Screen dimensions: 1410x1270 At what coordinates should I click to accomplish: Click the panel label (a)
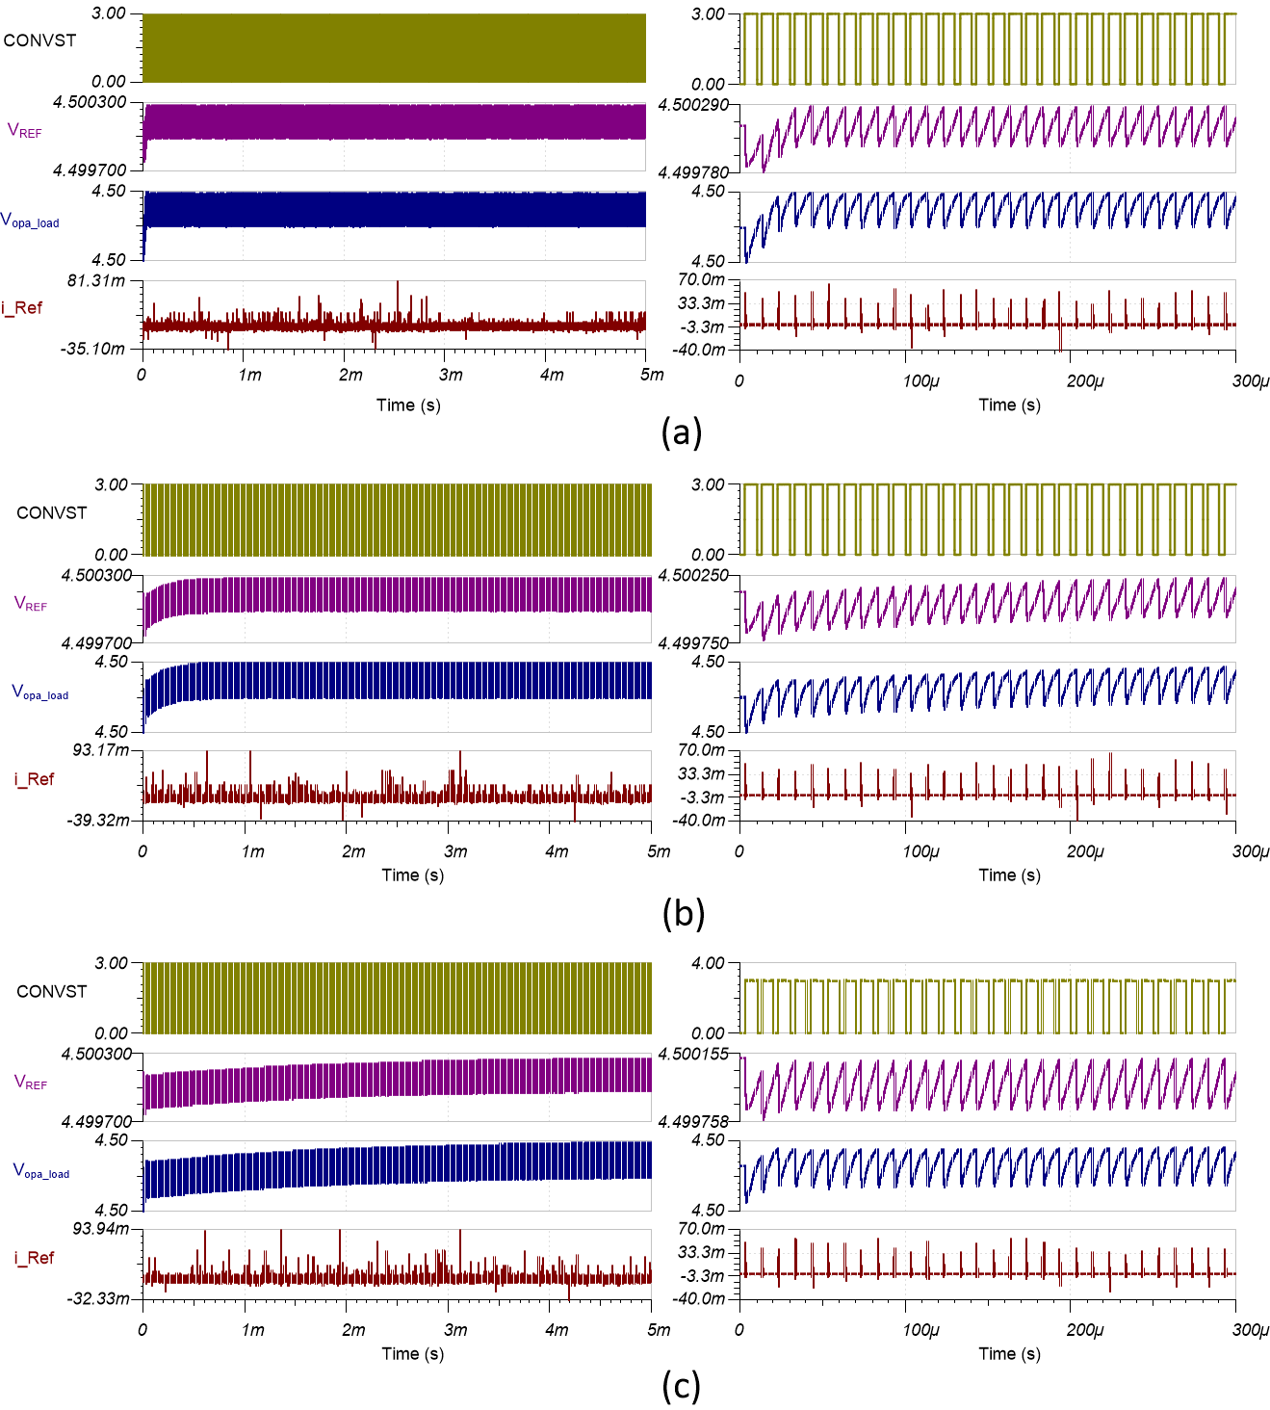(682, 432)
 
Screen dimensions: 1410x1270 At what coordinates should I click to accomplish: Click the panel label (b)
(683, 911)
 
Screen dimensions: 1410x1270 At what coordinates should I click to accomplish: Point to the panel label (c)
(681, 1387)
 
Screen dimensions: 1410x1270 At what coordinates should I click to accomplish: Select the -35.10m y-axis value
(94, 349)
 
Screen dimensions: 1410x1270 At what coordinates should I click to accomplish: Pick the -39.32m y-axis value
(95, 820)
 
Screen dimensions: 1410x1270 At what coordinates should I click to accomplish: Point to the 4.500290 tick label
(693, 103)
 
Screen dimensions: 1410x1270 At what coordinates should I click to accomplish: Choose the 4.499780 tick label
(693, 172)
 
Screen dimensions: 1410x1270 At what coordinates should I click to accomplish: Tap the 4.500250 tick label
(693, 575)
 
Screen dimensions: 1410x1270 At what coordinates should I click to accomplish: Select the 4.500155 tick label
(693, 1054)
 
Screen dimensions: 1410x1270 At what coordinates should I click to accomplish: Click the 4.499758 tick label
(693, 1121)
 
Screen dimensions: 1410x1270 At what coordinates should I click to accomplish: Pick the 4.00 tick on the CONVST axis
(708, 963)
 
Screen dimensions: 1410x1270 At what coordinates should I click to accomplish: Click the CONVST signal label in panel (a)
(39, 40)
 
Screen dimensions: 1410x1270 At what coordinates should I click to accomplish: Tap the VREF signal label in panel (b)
(31, 604)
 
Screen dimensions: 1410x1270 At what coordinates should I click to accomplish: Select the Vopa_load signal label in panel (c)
(40, 1171)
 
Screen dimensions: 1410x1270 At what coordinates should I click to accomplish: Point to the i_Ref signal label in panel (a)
(22, 308)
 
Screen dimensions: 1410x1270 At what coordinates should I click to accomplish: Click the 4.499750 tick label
(693, 642)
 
